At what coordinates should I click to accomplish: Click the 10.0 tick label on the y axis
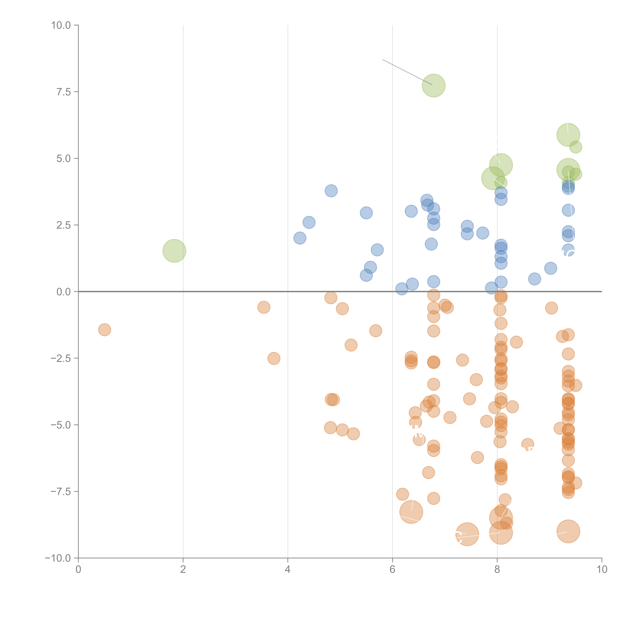coord(61,25)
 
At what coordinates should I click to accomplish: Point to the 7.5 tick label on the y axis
coord(64,92)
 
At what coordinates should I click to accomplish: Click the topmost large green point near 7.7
coord(434,86)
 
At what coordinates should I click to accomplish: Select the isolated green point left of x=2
coord(174,251)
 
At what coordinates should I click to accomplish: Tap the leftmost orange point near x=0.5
coord(104,330)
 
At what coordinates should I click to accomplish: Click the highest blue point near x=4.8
coord(331,191)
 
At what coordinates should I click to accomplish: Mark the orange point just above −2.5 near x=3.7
coord(274,358)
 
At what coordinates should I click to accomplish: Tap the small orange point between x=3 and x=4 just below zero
coord(264,307)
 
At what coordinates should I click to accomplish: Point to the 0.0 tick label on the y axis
coord(64,292)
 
